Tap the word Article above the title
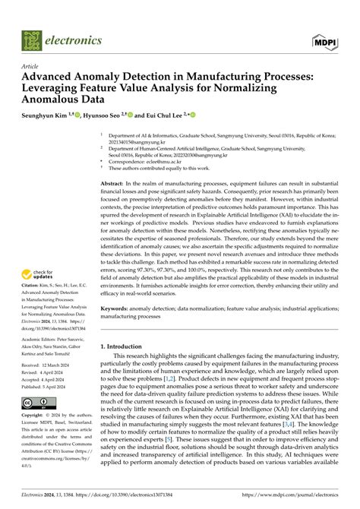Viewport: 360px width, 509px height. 30,67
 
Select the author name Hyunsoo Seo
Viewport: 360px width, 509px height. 100,115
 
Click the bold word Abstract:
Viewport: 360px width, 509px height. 112,185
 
